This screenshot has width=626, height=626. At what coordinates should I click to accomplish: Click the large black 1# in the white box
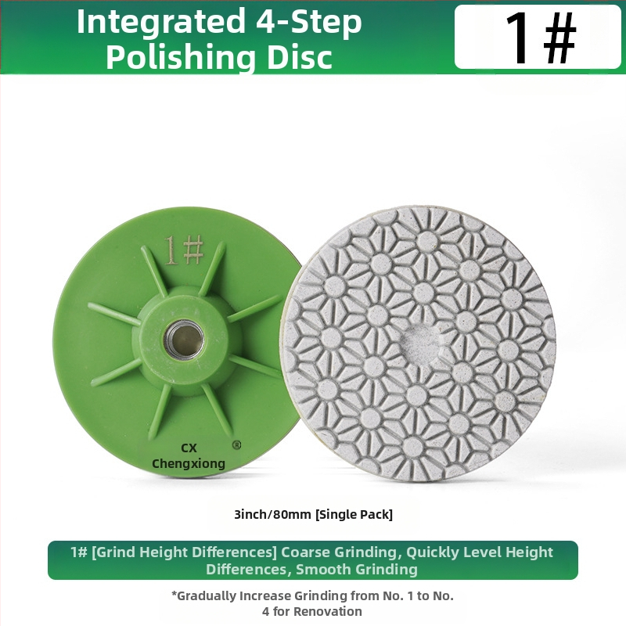pos(540,37)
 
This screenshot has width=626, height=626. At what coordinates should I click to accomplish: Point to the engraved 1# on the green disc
pos(184,250)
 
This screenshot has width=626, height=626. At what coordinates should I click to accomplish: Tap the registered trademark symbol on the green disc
pos(236,444)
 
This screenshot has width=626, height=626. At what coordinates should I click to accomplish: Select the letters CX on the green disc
pos(189,448)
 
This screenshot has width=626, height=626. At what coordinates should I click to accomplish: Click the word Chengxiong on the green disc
pos(189,463)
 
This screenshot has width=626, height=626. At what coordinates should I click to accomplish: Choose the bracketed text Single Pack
pos(354,514)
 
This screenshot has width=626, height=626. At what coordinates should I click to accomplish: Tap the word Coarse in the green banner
pos(306,552)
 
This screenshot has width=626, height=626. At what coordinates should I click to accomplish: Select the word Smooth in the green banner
pos(322,570)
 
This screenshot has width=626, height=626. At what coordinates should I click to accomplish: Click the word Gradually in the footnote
pos(203,596)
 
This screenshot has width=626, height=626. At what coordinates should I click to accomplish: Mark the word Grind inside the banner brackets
pos(114,552)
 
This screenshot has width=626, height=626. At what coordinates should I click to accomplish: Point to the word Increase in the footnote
pos(265,596)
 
